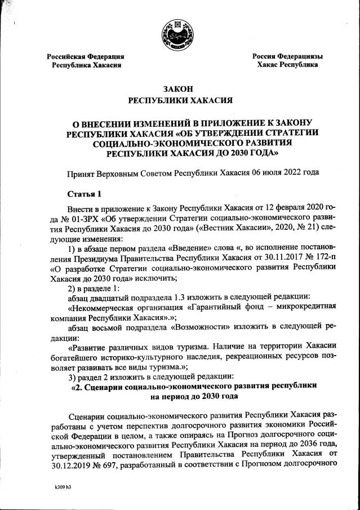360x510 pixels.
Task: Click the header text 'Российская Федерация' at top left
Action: tap(86, 56)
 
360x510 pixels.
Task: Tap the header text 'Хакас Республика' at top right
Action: tap(287, 65)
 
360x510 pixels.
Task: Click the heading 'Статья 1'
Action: tap(85, 194)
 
